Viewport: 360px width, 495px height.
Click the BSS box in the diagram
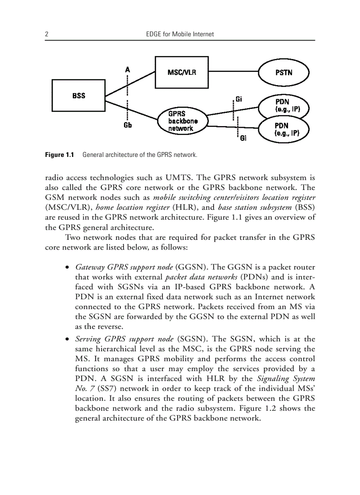79,95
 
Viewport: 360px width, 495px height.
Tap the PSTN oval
284,73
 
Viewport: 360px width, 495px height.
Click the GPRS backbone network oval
183,121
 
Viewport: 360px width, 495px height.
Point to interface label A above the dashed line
127,70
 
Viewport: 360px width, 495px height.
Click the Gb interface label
127,125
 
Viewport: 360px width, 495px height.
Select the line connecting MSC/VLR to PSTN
233,72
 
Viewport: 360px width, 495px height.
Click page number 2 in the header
46,34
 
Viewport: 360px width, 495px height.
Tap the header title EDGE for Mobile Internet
180,34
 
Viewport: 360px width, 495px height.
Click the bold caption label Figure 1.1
59,155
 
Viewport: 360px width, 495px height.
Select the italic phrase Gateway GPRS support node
124,267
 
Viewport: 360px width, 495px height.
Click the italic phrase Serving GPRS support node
124,339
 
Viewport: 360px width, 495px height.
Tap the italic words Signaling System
286,379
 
